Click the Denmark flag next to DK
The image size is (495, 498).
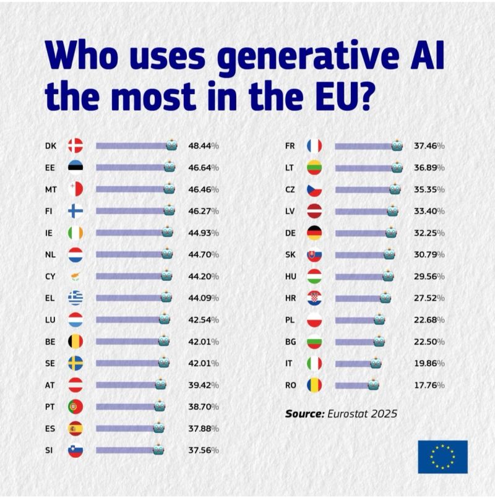[x=75, y=145]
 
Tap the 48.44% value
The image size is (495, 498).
[x=204, y=146]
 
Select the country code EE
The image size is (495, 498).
[x=51, y=168]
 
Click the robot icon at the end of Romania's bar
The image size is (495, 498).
[x=373, y=385]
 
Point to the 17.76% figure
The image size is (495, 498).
[x=429, y=385]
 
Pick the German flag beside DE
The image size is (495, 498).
[x=314, y=233]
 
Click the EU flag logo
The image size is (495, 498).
[x=442, y=457]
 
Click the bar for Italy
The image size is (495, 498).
[x=353, y=363]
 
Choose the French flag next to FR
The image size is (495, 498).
[x=314, y=146]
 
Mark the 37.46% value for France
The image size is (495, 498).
[x=429, y=146]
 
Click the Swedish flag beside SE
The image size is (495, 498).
[x=75, y=363]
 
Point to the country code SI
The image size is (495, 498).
[x=49, y=450]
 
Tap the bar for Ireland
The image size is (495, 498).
[x=129, y=233]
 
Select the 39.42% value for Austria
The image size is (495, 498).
[x=204, y=385]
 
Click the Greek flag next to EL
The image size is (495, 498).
[x=75, y=298]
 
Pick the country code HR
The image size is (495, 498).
[x=290, y=298]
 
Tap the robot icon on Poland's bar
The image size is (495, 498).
[x=379, y=319]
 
